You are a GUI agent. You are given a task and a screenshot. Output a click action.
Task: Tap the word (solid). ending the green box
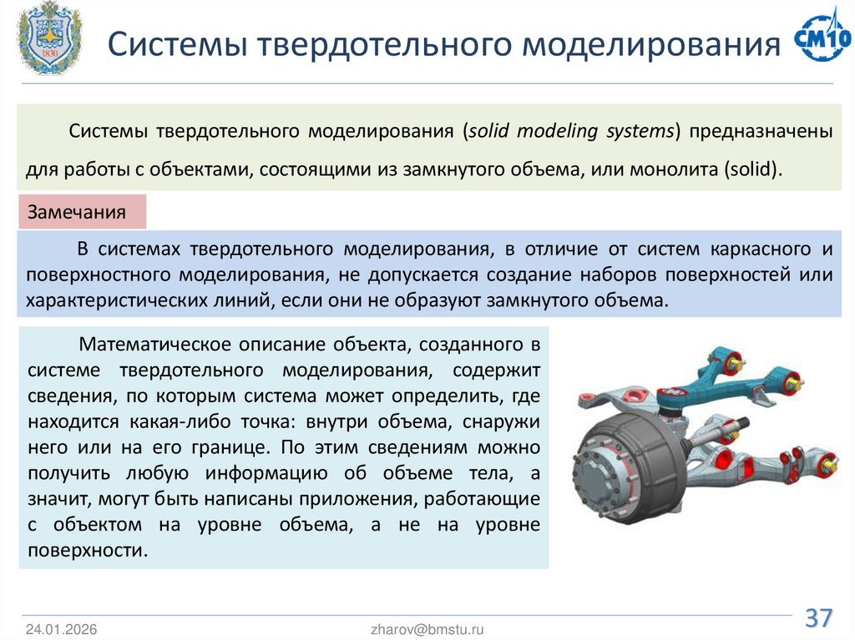(755, 169)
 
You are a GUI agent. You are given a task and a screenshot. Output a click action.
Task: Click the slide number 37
(818, 618)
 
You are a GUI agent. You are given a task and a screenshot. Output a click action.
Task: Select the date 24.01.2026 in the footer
(61, 629)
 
